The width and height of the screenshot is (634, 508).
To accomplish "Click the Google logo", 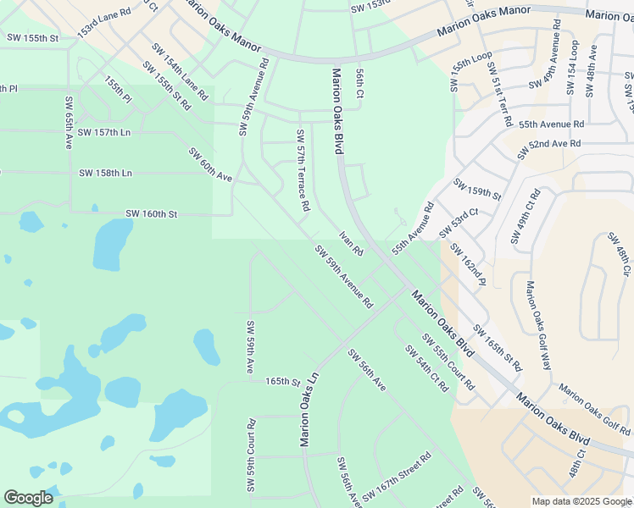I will [28, 498].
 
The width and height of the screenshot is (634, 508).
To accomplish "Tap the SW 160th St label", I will [151, 214].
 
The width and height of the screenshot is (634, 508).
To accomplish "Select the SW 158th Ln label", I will [106, 173].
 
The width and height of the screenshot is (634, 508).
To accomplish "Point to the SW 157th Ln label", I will [104, 133].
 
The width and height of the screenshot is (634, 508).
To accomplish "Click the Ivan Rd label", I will [351, 244].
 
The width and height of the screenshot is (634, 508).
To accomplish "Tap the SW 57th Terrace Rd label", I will [303, 170].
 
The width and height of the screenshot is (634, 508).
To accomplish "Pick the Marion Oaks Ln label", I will [309, 409].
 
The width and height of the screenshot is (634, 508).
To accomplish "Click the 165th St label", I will [283, 383].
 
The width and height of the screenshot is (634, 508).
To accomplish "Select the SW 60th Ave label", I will [210, 166].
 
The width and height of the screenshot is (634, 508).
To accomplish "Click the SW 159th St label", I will [477, 189].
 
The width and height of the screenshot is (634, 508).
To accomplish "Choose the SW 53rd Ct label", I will [459, 223].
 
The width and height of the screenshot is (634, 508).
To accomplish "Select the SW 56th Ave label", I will [366, 370].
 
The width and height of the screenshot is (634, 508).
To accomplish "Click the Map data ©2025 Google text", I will [581, 501].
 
